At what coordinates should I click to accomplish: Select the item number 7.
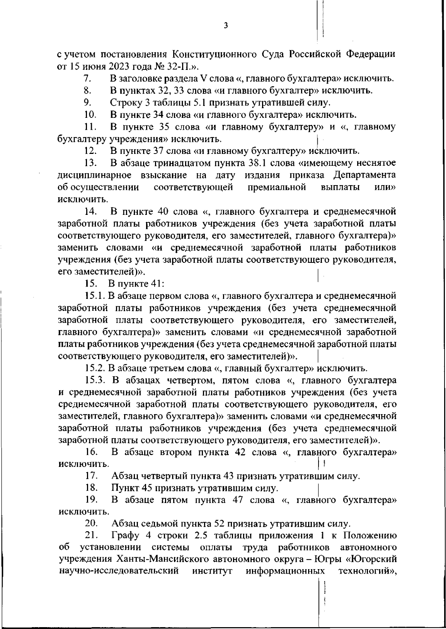point(88,79)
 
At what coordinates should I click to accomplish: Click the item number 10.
point(91,115)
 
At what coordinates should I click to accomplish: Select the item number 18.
point(91,488)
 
